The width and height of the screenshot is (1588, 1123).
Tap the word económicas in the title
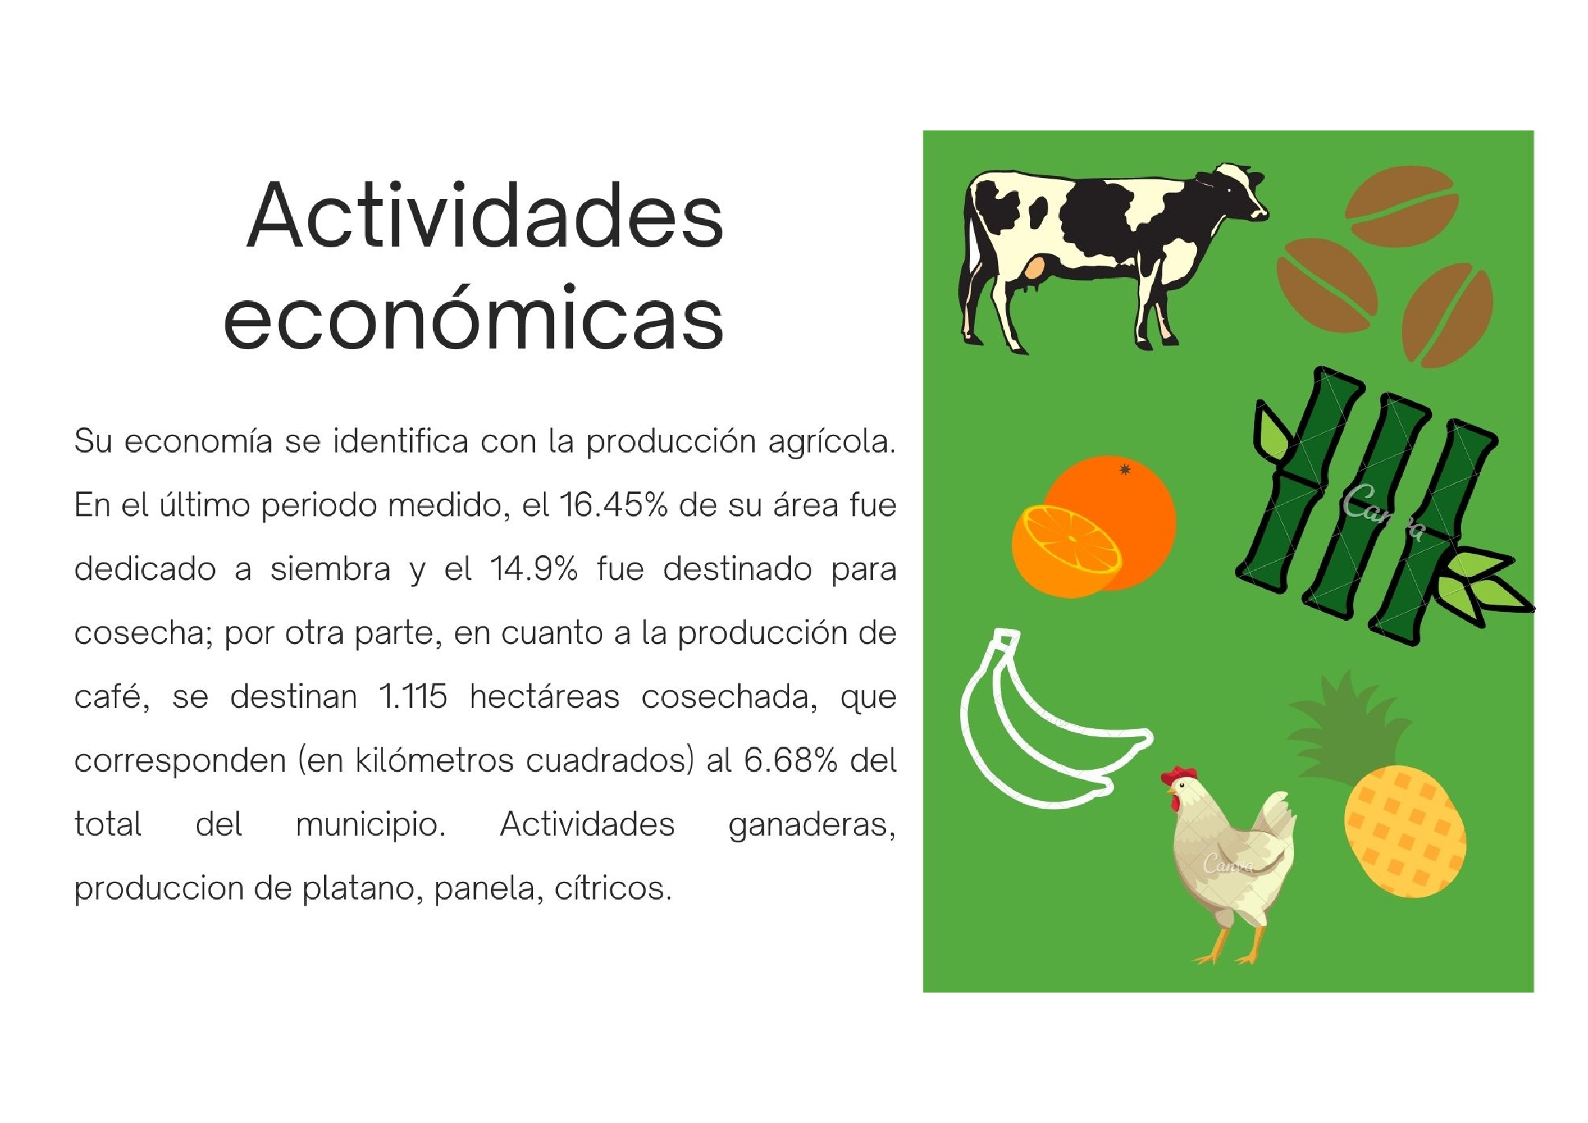tap(474, 317)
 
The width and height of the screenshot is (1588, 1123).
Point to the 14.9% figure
tap(533, 569)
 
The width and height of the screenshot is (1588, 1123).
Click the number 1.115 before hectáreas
tap(413, 697)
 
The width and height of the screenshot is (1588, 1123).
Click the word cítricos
tap(613, 889)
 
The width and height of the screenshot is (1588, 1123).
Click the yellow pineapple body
tap(1405, 830)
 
